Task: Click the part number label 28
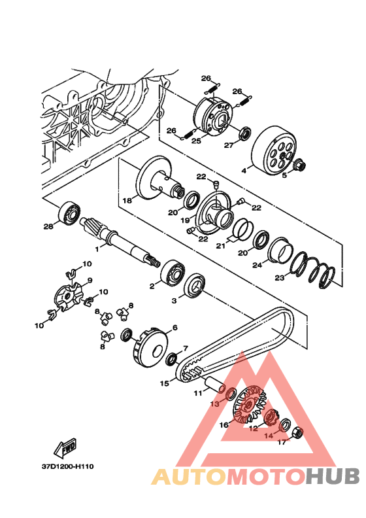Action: pyautogui.click(x=48, y=226)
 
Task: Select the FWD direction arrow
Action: pyautogui.click(x=65, y=447)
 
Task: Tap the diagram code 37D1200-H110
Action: pyautogui.click(x=68, y=466)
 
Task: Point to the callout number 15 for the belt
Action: pyautogui.click(x=164, y=383)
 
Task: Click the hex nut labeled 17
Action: pyautogui.click(x=297, y=432)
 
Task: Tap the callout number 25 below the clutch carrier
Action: pyautogui.click(x=196, y=141)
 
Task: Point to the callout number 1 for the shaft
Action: pyautogui.click(x=97, y=249)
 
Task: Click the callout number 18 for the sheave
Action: pyautogui.click(x=127, y=200)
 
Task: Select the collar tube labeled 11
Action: pyautogui.click(x=216, y=384)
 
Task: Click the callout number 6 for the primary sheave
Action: pyautogui.click(x=175, y=328)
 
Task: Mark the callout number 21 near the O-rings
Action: pyautogui.click(x=220, y=246)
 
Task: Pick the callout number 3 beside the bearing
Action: pyautogui.click(x=174, y=301)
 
